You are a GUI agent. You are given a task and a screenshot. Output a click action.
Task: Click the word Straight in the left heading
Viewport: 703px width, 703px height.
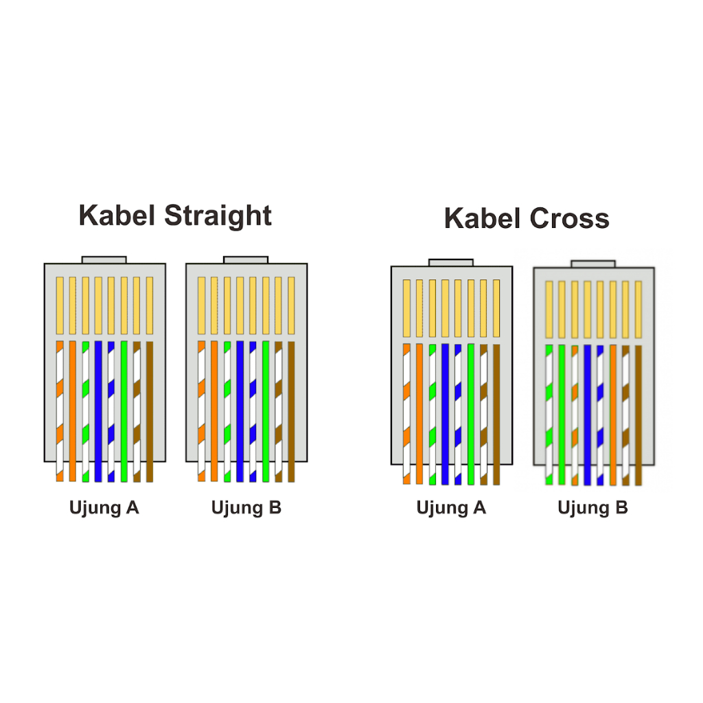218,216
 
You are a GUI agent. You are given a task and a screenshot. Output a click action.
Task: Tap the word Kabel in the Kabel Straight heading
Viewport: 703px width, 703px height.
117,216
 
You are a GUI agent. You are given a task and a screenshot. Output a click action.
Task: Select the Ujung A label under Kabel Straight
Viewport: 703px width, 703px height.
104,508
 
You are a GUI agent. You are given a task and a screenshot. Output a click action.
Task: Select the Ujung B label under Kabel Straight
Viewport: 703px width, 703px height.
246,508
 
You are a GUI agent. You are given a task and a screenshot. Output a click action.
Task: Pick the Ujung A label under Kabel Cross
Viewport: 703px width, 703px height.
451,508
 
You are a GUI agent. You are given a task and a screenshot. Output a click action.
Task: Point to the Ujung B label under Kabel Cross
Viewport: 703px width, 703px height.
592,508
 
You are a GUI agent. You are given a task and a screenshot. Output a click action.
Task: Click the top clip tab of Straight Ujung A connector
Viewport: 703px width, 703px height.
104,260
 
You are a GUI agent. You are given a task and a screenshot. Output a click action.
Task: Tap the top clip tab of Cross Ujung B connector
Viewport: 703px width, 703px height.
593,264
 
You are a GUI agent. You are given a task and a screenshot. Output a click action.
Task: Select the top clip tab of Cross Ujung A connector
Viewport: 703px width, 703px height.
451,262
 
